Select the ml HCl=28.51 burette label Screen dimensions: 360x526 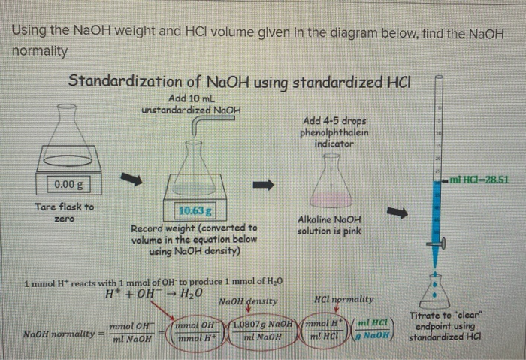pyautogui.click(x=479, y=180)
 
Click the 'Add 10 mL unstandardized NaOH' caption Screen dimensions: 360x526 pyautogui.click(x=192, y=104)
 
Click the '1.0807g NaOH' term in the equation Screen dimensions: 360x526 pyautogui.click(x=258, y=325)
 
